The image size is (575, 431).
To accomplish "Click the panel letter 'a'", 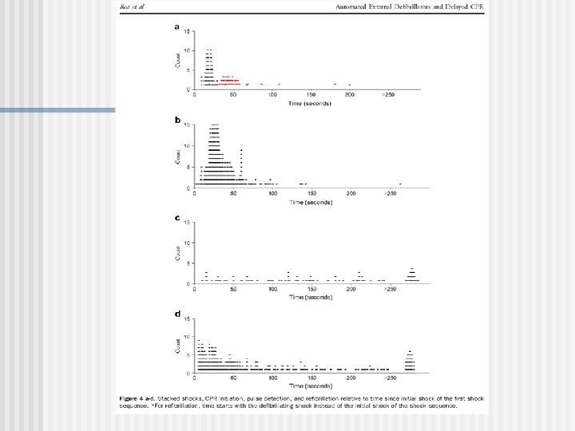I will pos(176,26).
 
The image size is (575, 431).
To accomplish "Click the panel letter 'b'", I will pos(176,121).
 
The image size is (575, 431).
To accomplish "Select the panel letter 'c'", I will pos(176,216).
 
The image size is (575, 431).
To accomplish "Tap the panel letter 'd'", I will pos(176,314).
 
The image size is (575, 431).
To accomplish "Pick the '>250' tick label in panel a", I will pos(388,95).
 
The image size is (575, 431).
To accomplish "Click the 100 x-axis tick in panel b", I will pos(272,193).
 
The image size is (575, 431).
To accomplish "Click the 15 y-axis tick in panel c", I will pos(187,223).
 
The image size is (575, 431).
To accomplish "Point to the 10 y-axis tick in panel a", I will pos(187,50).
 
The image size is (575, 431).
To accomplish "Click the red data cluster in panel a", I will pos(230,80).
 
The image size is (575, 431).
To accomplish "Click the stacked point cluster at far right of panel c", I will pos(412,276).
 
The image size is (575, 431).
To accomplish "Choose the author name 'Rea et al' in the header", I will pos(132,7).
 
